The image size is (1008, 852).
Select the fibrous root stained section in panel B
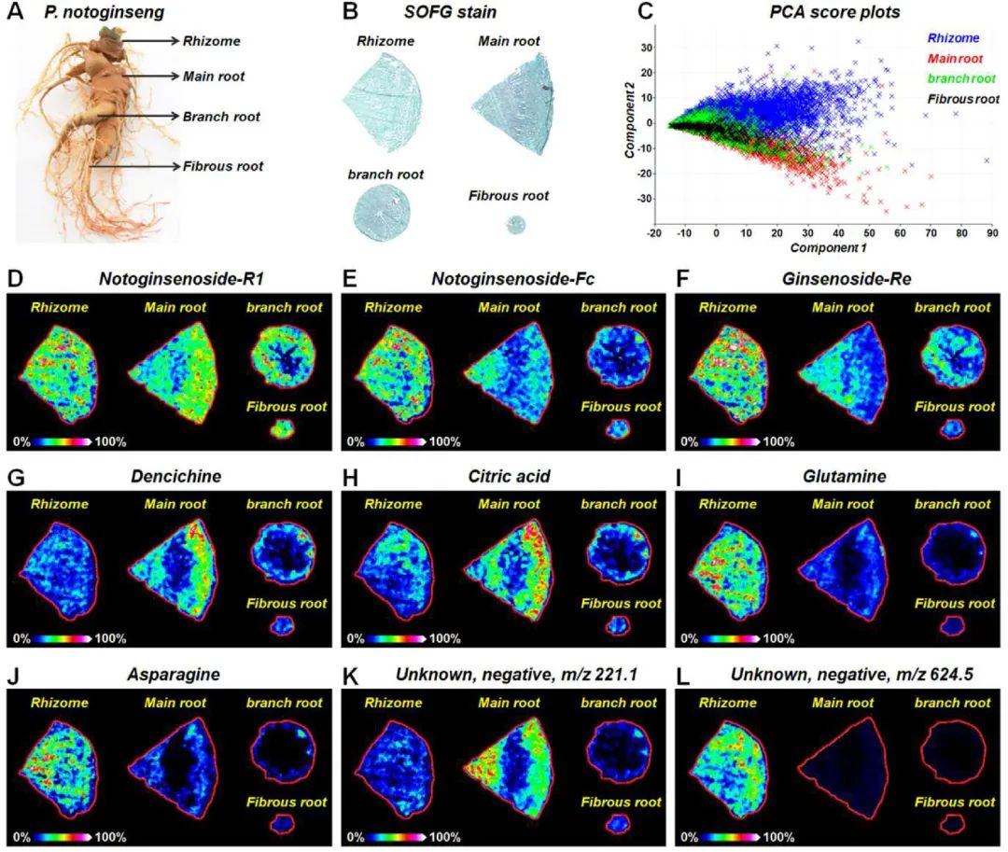(x=515, y=225)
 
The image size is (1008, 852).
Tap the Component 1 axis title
(x=828, y=248)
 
